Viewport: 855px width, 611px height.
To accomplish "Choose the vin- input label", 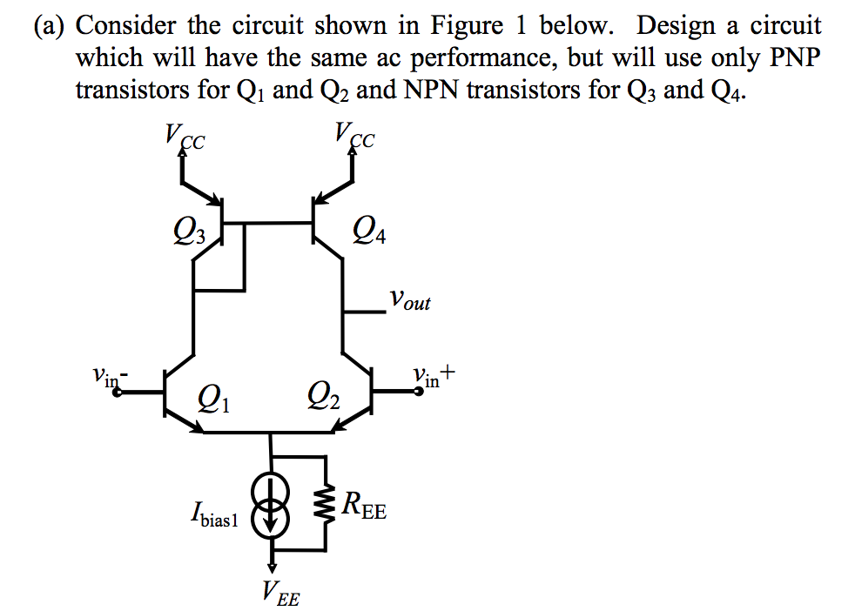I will pyautogui.click(x=110, y=377).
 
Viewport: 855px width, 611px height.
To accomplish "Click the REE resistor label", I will pyautogui.click(x=364, y=506).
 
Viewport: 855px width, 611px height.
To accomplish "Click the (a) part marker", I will pyautogui.click(x=50, y=25).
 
